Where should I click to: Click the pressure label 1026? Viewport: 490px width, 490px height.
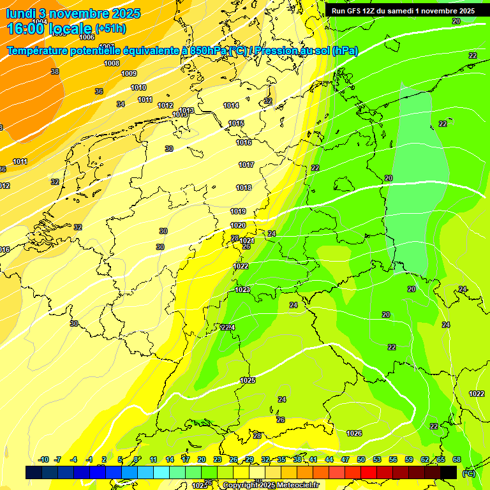tap(354, 433)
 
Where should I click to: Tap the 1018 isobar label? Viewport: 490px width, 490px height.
tap(244, 188)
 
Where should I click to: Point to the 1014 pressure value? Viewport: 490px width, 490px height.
tap(231, 105)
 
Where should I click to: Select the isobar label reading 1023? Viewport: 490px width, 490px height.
tap(242, 290)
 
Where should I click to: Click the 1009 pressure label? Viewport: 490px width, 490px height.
tap(129, 73)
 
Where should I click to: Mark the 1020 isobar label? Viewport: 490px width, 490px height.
tap(238, 225)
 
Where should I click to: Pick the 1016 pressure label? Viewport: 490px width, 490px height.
tap(244, 142)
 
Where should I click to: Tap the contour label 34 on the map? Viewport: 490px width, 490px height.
tap(121, 104)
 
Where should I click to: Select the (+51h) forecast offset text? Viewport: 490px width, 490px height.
tap(110, 29)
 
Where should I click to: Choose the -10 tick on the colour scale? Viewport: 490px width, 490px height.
tap(43, 459)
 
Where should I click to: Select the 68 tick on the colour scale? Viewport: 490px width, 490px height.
tap(457, 459)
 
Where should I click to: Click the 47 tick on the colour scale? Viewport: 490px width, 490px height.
tap(345, 459)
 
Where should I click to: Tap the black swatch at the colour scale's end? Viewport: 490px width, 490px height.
tap(449, 472)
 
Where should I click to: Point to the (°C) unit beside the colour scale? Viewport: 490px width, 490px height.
tap(468, 473)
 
